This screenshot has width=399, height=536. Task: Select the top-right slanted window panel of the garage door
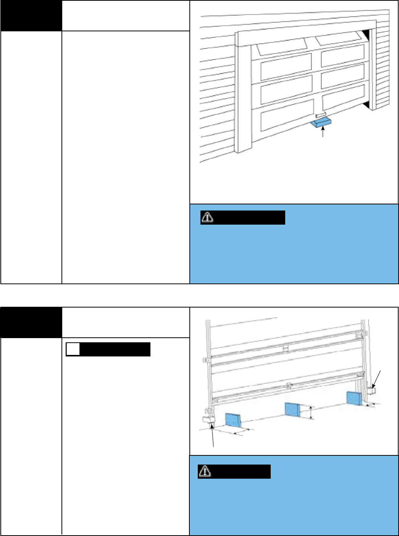click(338, 38)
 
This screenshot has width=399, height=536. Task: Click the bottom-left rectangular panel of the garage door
click(286, 115)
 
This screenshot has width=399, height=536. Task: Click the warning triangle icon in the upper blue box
click(207, 217)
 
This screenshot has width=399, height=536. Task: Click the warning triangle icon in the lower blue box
click(205, 471)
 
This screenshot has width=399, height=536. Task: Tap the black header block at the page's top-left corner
click(31, 16)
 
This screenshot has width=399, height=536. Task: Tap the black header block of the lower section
click(31, 322)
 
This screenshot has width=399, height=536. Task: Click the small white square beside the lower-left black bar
click(73, 349)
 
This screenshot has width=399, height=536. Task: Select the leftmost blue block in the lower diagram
click(233, 420)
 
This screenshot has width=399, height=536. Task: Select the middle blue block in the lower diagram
click(293, 410)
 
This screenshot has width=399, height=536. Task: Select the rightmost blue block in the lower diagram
click(354, 398)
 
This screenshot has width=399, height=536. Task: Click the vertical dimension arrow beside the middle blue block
click(311, 413)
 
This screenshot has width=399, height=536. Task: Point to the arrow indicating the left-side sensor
click(212, 436)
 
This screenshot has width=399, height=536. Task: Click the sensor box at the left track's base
click(208, 419)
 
